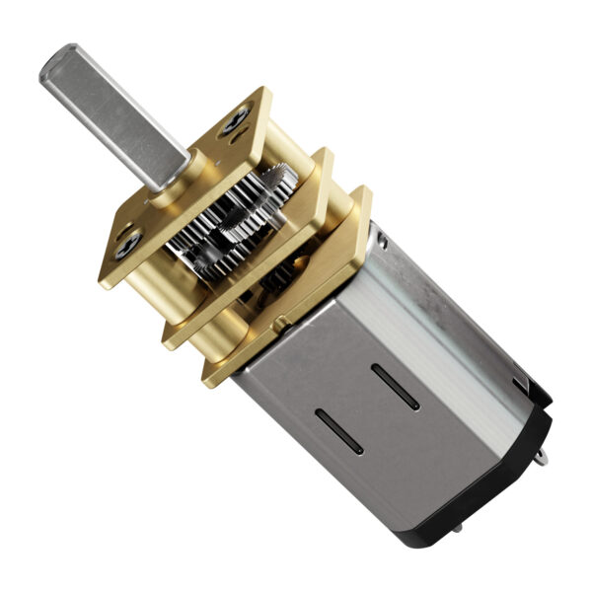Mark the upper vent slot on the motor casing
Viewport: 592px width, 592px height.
coord(395,386)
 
